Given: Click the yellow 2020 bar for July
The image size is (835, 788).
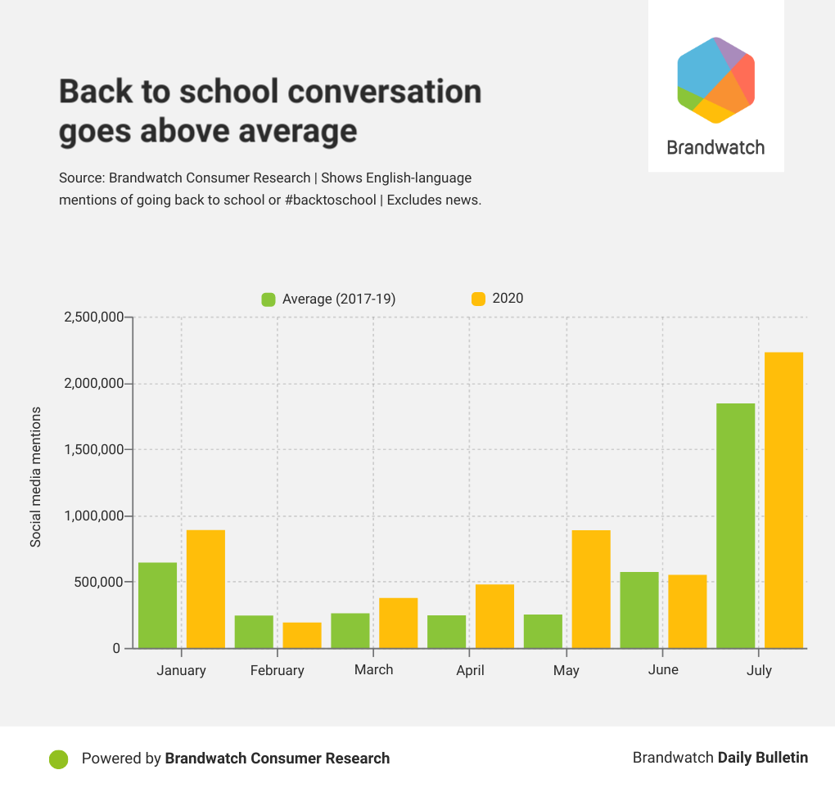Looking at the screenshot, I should point(783,500).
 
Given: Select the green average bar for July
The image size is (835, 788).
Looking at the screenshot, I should point(735,525).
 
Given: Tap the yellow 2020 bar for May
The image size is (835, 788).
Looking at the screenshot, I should point(590,589).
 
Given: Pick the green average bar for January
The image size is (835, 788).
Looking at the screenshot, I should point(157,605).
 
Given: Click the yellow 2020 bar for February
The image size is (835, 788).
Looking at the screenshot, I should point(302,635).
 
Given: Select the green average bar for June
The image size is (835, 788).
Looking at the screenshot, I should point(639,610).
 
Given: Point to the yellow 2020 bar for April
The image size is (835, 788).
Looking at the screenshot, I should point(494,615).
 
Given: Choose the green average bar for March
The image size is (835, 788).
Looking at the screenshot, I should point(350,630).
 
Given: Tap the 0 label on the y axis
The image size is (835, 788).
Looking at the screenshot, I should point(116,649).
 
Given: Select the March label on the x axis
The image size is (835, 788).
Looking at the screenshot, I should point(373,669).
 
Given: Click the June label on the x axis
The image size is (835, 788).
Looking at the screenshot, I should point(662,669).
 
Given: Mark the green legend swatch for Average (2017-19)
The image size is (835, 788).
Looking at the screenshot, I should point(268,299).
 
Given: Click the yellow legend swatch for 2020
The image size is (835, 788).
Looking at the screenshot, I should point(478,299).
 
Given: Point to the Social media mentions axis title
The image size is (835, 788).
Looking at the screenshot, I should point(36,476).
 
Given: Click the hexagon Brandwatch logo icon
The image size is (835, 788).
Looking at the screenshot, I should point(715,80).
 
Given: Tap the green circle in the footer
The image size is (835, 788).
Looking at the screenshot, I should point(58,759).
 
